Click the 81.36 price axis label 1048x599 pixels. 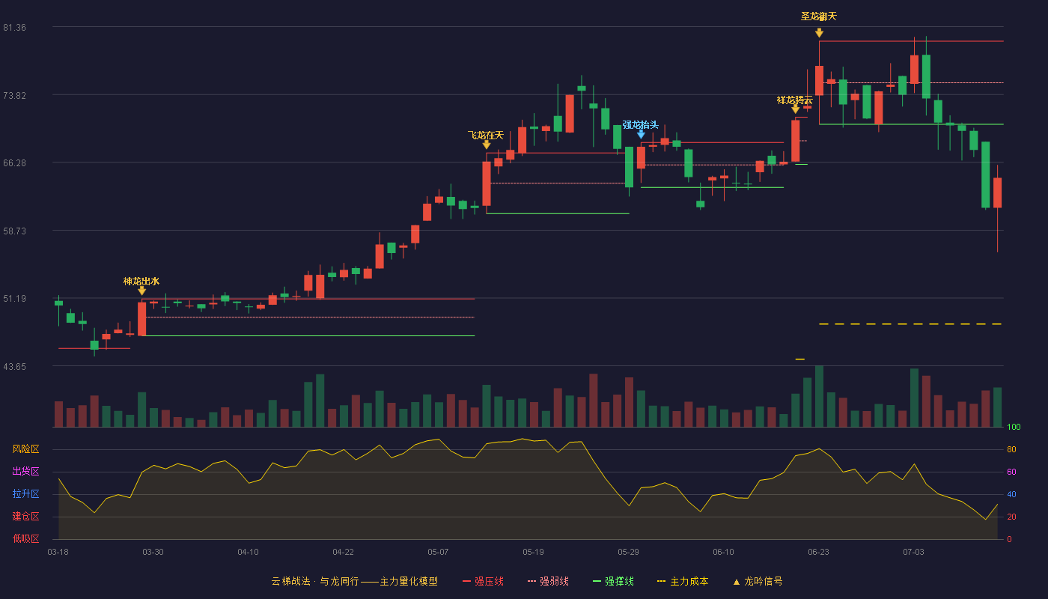pos(14,28)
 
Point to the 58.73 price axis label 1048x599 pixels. pos(14,231)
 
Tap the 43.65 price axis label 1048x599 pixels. pos(14,367)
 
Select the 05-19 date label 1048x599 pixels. pos(533,553)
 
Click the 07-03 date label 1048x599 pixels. pos(913,553)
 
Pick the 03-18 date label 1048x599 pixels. pos(58,553)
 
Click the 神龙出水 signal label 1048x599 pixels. pos(141,282)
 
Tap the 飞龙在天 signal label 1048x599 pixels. pos(486,136)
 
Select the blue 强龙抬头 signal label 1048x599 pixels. pos(641,124)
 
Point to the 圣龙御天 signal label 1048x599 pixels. pos(819,16)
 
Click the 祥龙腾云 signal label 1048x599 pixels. pos(795,100)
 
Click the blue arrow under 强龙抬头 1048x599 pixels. pos(641,135)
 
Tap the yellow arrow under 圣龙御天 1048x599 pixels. pos(819,33)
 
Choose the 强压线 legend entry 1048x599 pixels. pos(483,581)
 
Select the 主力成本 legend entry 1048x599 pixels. pos(683,581)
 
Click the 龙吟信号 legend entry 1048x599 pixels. pos(758,581)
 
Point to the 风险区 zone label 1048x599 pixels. pos(25,449)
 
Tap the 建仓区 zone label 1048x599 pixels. pos(25,516)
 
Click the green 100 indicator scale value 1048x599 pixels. pos(1014,427)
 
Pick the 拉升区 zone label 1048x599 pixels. pos(25,493)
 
